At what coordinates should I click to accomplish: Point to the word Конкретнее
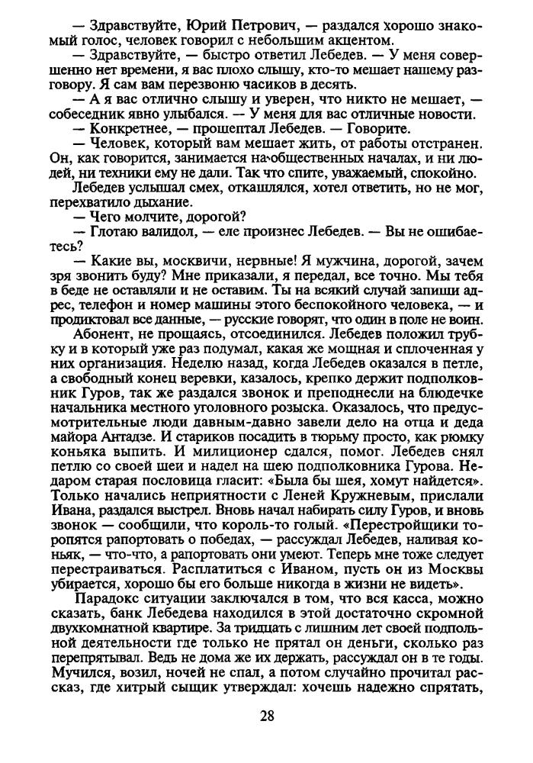(x=125, y=127)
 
